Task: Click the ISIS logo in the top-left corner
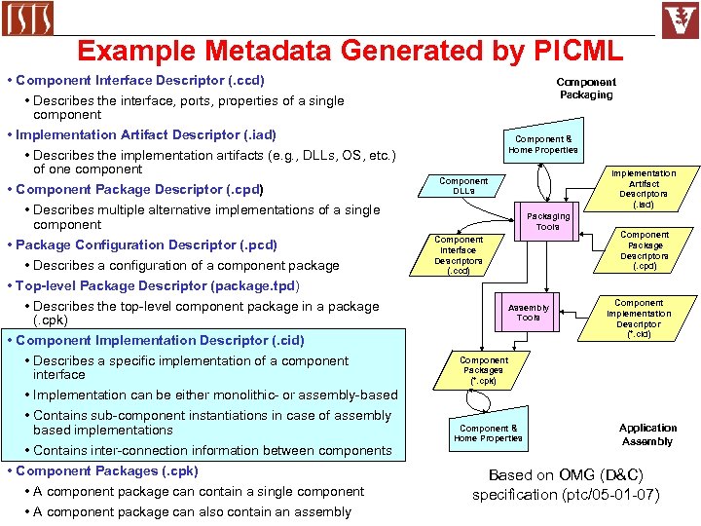(28, 19)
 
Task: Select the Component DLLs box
(463, 186)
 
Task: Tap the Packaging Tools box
(547, 221)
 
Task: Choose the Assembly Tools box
(529, 312)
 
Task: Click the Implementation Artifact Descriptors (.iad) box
(644, 189)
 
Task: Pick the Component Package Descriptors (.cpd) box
(645, 250)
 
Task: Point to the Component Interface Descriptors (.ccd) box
(458, 255)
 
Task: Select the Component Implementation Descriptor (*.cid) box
(639, 319)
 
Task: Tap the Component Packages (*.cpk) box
(483, 370)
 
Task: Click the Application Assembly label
(647, 434)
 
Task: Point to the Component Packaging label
(586, 89)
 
